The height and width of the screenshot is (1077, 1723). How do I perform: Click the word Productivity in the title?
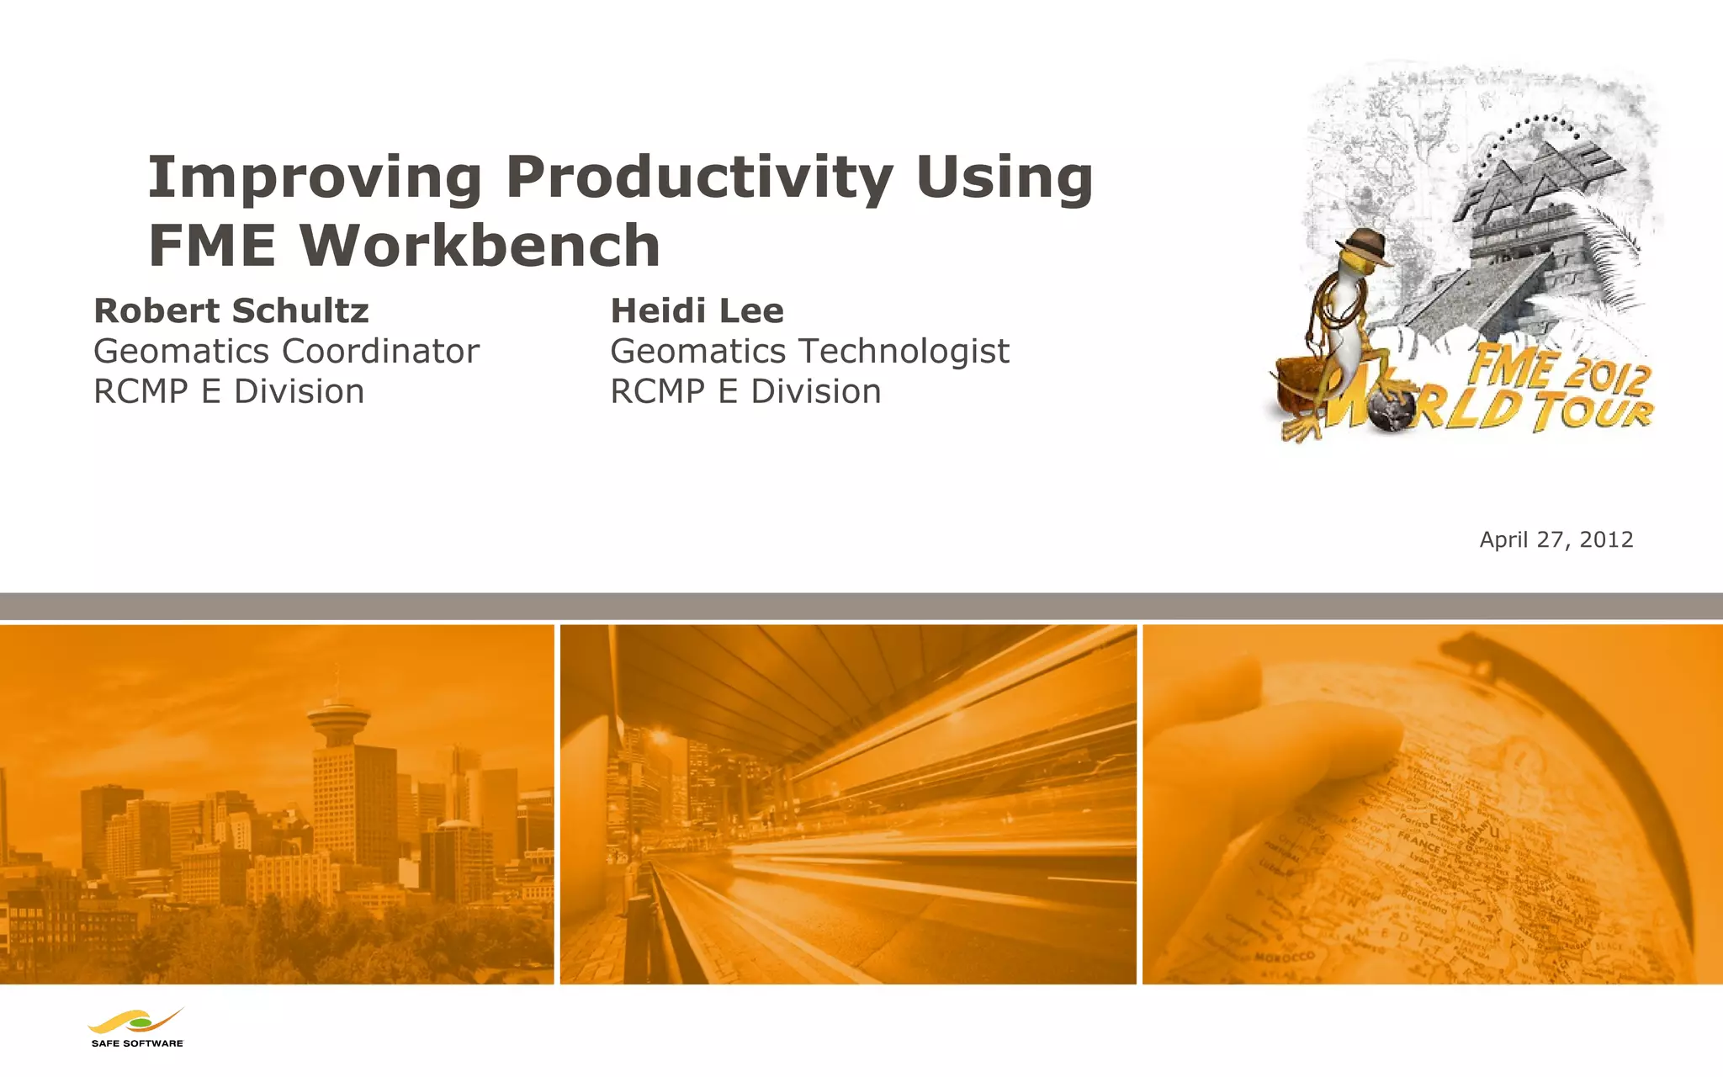(698, 178)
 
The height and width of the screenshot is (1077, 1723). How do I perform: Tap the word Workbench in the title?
(480, 246)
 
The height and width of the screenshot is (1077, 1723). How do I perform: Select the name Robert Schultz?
(231, 311)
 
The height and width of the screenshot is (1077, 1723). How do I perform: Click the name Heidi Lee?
(697, 311)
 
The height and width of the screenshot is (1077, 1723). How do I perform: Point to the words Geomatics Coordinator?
(286, 352)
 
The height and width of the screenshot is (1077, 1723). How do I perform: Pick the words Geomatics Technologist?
(809, 352)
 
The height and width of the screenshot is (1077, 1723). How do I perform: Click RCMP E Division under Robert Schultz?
(229, 392)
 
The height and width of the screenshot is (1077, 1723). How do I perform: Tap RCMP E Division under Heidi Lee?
(745, 392)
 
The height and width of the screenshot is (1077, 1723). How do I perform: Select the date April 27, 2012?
(1556, 539)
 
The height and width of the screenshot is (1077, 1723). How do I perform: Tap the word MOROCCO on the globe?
(1285, 958)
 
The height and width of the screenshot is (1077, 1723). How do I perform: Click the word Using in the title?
(1005, 178)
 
